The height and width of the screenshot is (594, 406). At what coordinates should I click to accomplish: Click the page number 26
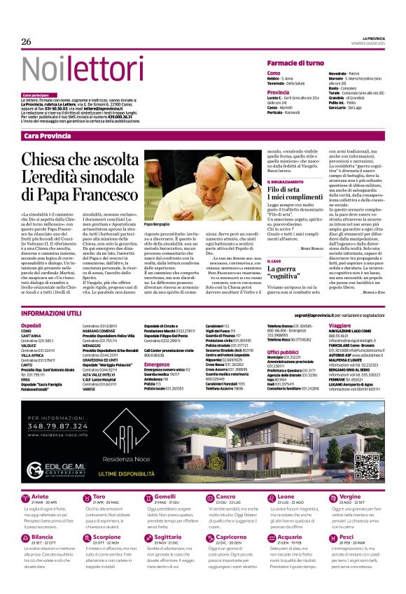[27, 42]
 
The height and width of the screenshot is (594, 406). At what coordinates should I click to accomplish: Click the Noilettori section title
[73, 70]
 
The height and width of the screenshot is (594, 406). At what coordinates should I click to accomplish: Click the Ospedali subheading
[31, 326]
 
